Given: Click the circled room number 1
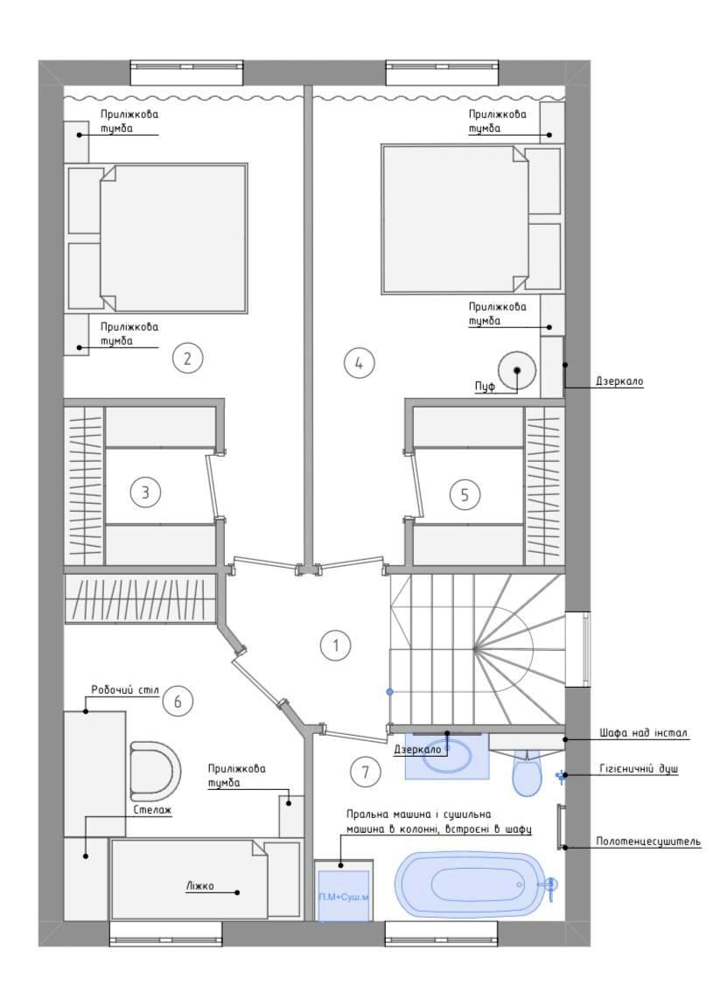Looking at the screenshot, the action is click(336, 645).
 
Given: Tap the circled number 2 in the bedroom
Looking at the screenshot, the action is click(187, 358).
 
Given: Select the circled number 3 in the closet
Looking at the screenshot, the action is click(146, 493).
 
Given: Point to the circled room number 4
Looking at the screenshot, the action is click(359, 363).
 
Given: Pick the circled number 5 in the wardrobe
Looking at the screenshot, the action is click(465, 493).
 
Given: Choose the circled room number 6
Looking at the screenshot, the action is click(178, 701).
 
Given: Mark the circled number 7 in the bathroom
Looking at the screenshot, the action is click(366, 771).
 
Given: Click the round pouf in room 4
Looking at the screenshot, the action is click(517, 371).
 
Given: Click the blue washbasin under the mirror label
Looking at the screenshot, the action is click(447, 755).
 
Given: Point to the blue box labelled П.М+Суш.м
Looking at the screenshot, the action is click(344, 896).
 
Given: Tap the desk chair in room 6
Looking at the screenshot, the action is click(154, 768).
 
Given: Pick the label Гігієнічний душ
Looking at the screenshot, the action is click(640, 768).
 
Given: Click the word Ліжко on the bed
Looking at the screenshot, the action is click(199, 886).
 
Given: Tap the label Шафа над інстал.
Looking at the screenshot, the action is click(644, 732).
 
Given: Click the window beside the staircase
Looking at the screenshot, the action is click(584, 649).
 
